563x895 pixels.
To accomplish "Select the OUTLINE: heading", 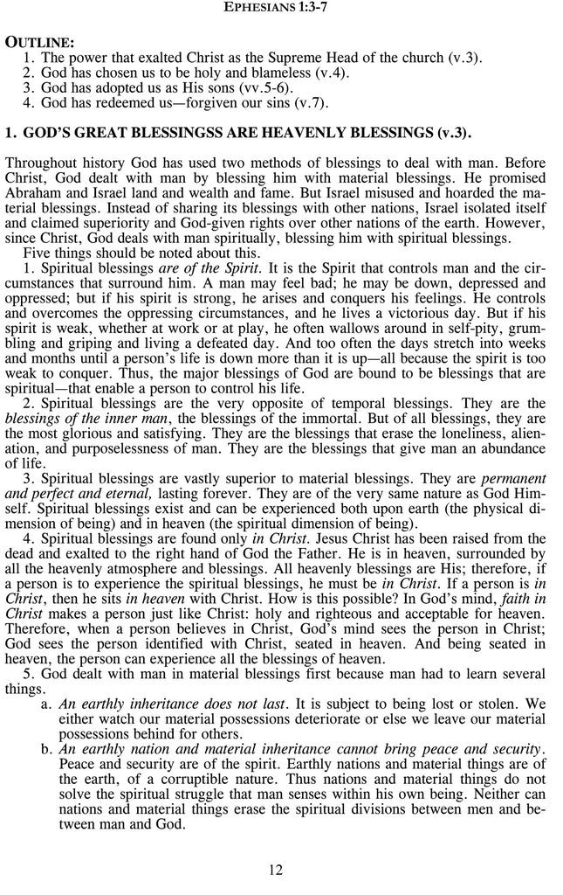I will [39, 42].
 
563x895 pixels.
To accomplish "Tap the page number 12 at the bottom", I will [276, 869].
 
